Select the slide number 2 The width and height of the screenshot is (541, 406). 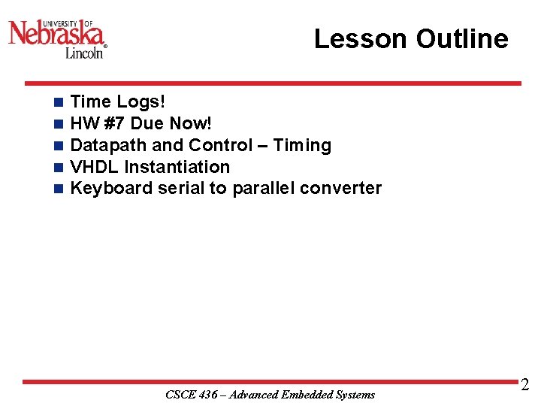524,386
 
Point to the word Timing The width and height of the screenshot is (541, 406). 302,145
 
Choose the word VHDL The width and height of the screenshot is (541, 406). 95,167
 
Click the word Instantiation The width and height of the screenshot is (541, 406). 177,167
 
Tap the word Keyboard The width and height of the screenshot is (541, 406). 111,189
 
